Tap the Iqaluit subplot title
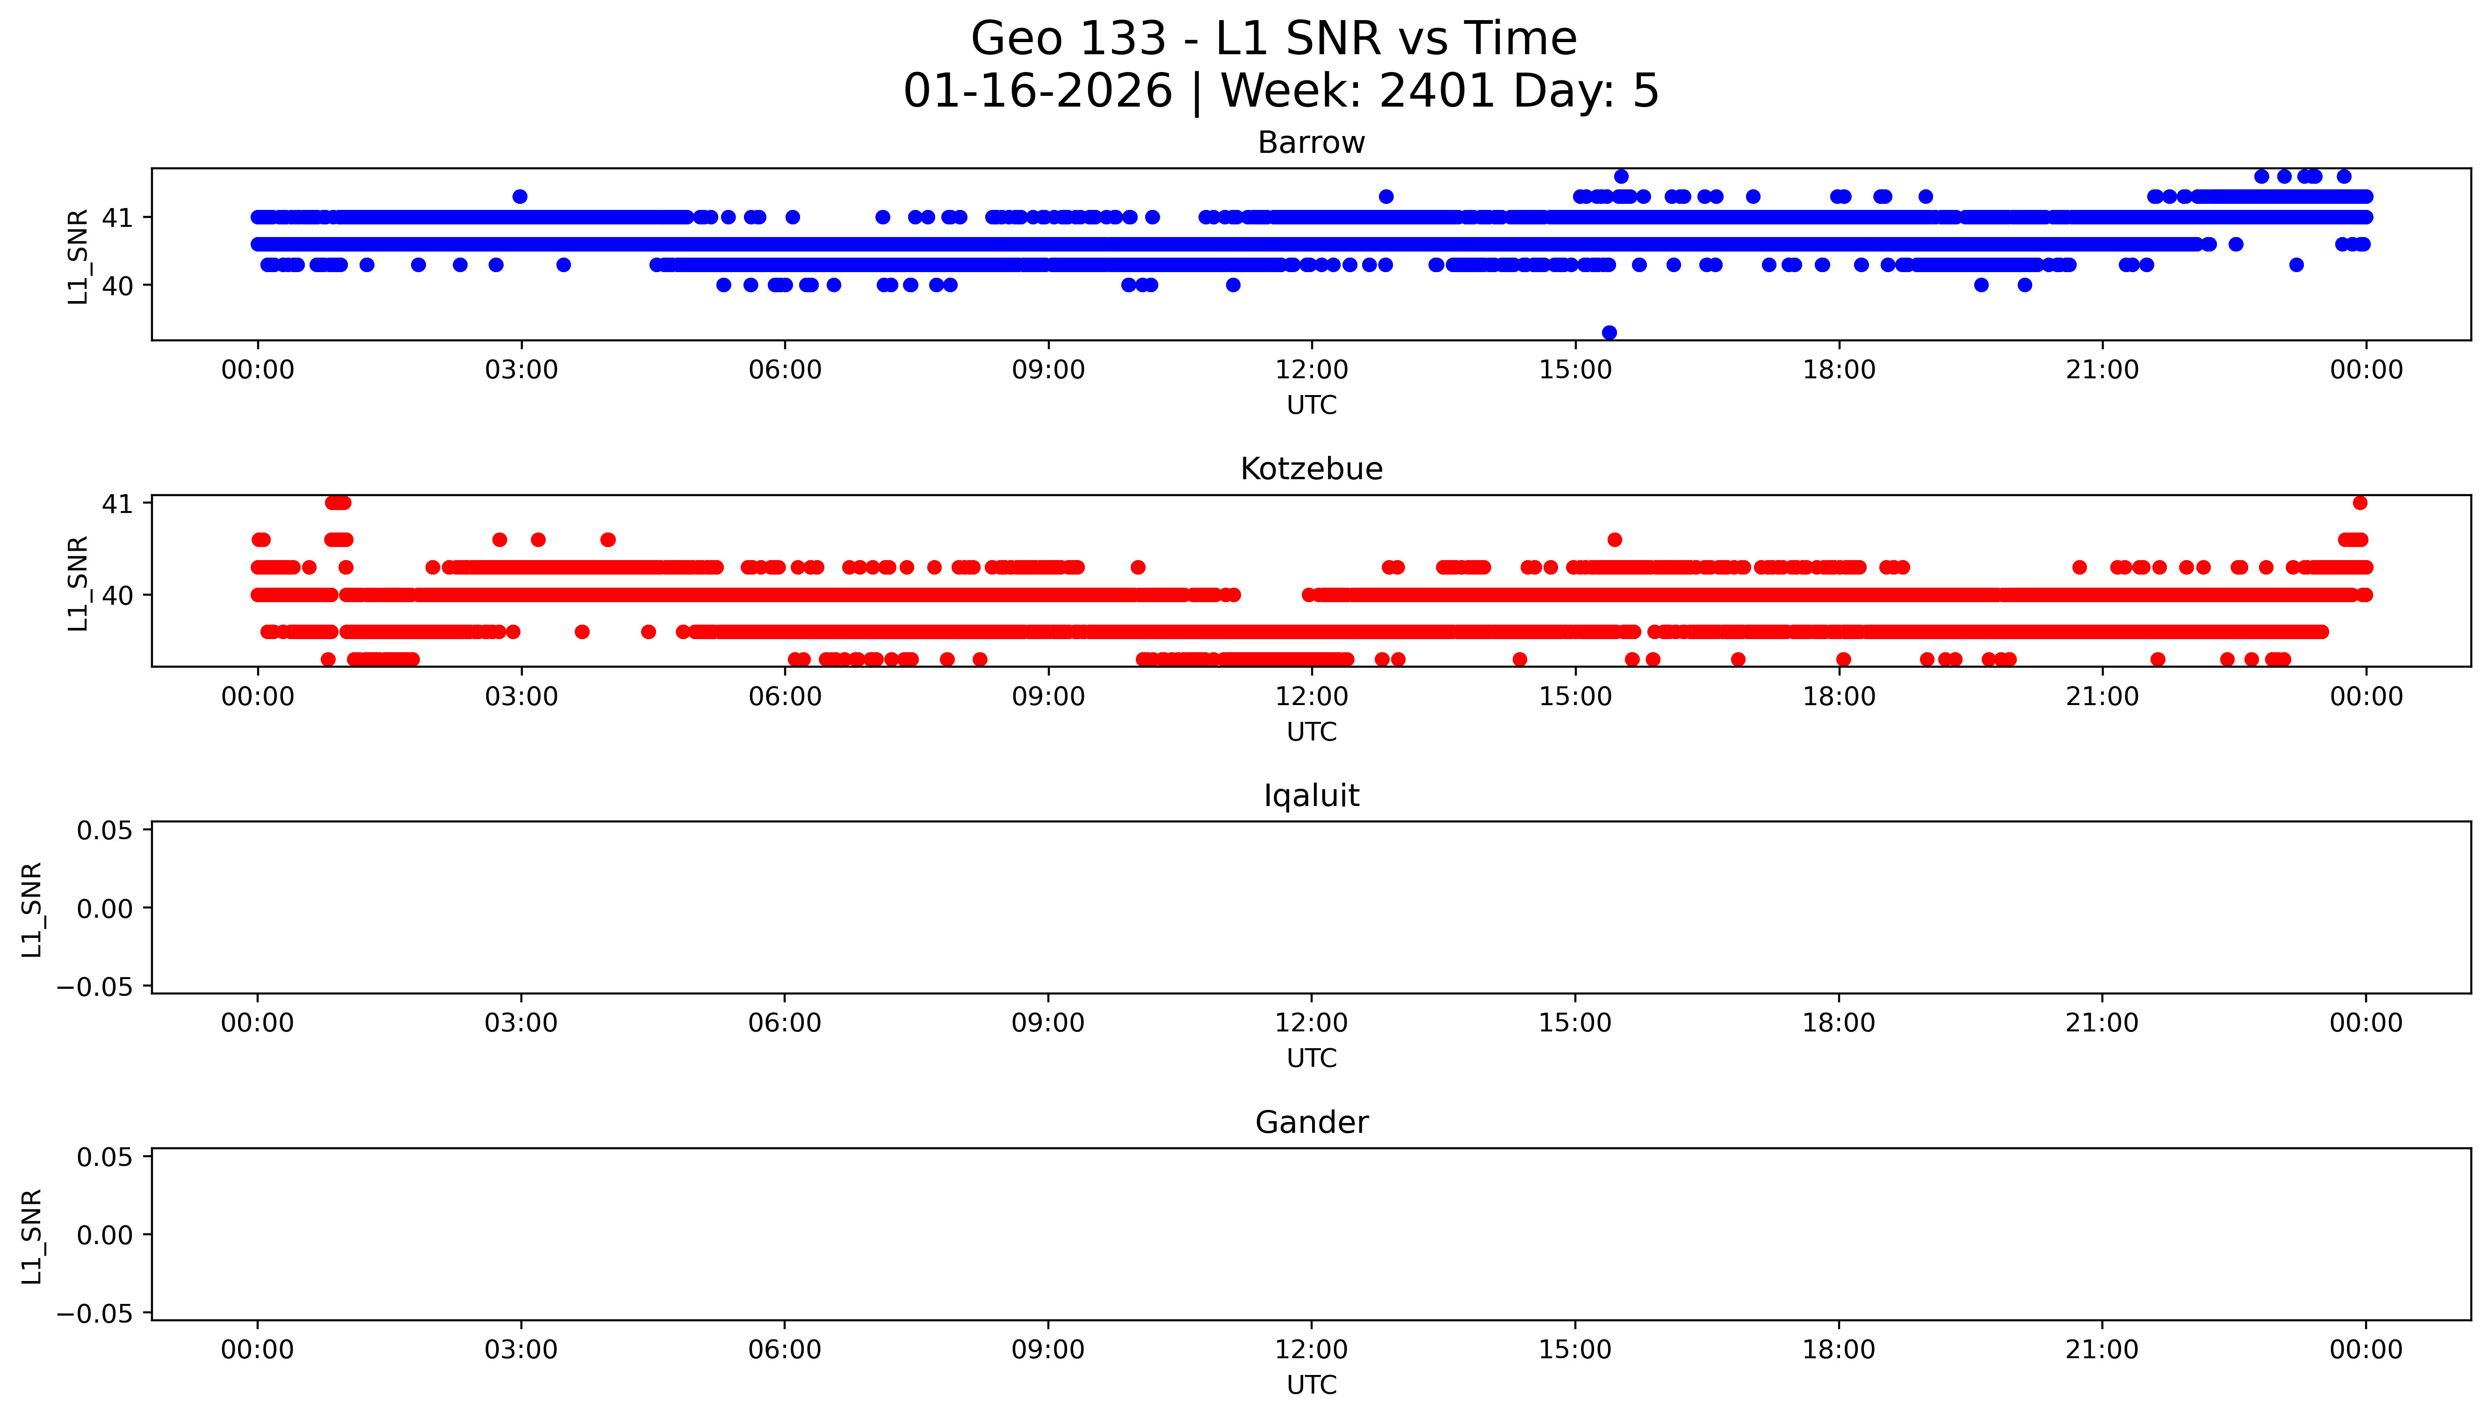1311,796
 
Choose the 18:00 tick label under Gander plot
1839,1350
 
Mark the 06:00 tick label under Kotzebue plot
785,696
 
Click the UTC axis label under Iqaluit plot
1311,1058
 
